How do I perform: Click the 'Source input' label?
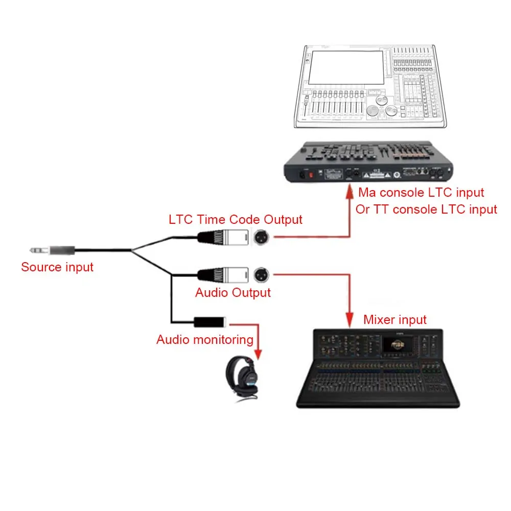point(57,267)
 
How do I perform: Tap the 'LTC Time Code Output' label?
point(236,219)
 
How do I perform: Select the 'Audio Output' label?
point(233,293)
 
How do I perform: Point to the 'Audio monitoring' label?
point(205,339)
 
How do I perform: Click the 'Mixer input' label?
point(394,320)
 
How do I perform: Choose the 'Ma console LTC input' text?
point(421,193)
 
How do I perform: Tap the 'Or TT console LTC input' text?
point(426,209)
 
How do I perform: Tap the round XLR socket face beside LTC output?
point(262,237)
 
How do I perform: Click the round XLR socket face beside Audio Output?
point(262,275)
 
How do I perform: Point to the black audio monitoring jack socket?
point(210,322)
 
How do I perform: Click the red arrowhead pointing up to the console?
point(350,193)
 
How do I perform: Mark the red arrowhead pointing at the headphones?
point(258,354)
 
